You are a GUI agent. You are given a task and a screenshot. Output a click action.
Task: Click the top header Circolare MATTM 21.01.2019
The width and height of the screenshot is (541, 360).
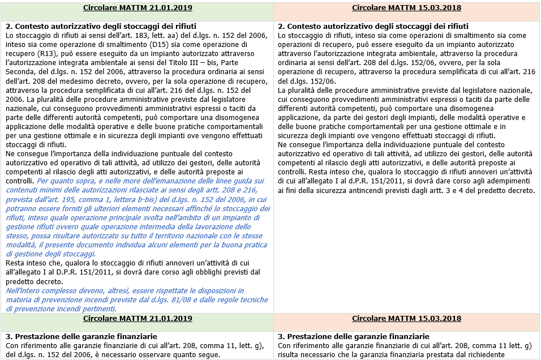pyautogui.click(x=138, y=8)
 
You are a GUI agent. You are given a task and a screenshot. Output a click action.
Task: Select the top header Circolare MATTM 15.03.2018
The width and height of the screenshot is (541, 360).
pyautogui.click(x=406, y=8)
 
